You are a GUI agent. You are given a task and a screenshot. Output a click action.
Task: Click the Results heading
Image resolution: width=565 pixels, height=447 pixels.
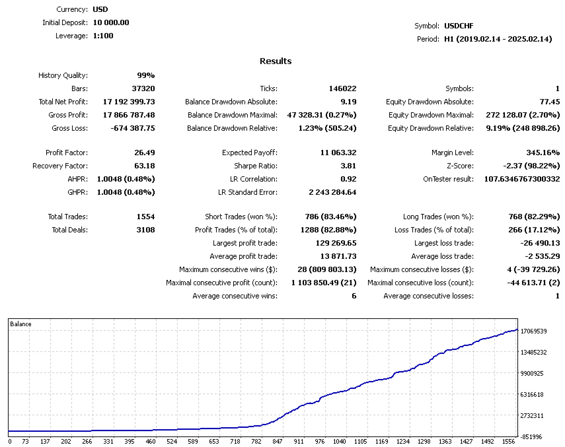[276, 61]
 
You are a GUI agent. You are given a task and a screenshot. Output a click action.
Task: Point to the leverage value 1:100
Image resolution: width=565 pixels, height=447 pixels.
[103, 36]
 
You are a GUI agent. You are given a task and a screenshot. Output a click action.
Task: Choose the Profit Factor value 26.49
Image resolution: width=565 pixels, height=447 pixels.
[144, 153]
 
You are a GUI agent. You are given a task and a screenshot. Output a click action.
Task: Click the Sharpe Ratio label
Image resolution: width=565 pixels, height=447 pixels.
[256, 166]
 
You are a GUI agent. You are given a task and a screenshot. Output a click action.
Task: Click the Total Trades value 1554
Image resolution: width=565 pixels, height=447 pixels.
[143, 217]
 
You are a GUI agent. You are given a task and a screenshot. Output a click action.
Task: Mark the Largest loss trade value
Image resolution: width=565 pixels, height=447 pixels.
[538, 243]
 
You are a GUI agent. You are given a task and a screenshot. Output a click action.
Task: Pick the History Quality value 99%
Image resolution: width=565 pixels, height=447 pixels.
[145, 75]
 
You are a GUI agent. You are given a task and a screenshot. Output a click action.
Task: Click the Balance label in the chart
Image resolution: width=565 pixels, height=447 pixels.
[20, 324]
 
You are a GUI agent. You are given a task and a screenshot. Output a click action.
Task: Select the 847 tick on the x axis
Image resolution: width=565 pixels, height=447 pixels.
[277, 441]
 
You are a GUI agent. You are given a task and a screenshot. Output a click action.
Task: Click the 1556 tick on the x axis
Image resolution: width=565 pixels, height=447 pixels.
[509, 441]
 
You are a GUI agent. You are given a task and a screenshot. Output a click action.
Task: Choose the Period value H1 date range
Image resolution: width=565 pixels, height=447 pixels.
[498, 39]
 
